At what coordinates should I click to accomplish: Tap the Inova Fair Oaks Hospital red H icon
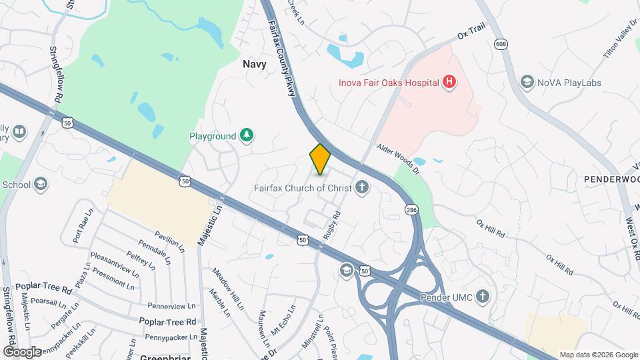pyautogui.click(x=450, y=83)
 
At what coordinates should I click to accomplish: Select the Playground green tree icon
pyautogui.click(x=247, y=136)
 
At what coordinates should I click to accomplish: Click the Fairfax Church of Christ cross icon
pyautogui.click(x=362, y=188)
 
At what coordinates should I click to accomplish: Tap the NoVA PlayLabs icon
pyautogui.click(x=527, y=83)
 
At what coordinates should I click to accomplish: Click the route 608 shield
pyautogui.click(x=501, y=43)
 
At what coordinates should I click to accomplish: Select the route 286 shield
pyautogui.click(x=411, y=210)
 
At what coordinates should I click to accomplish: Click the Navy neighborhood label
pyautogui.click(x=254, y=65)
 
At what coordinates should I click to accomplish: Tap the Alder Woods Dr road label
pyautogui.click(x=397, y=159)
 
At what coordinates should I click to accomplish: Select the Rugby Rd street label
pyautogui.click(x=332, y=226)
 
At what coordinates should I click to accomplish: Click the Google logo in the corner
pyautogui.click(x=22, y=351)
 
